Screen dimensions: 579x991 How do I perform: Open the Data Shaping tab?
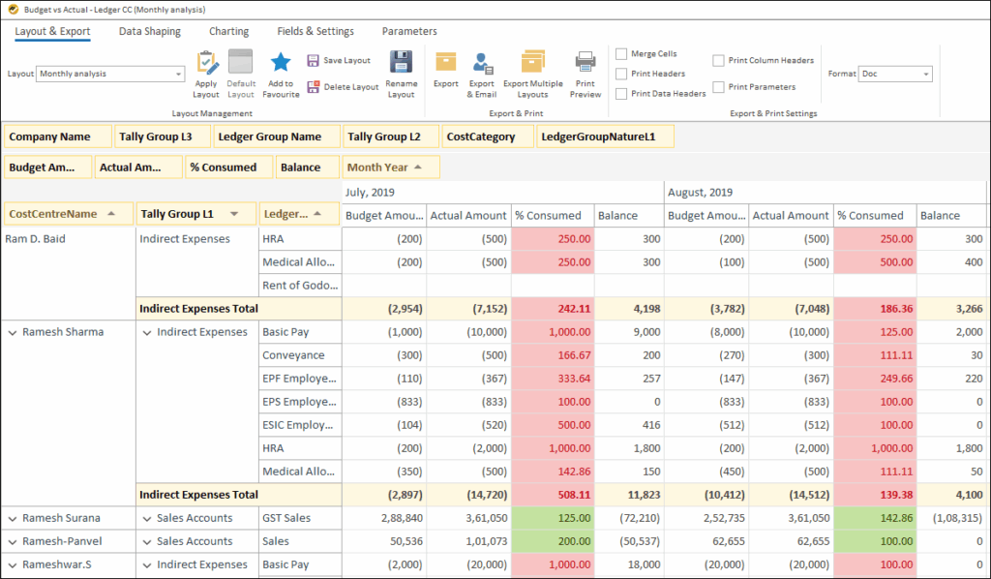coord(149,31)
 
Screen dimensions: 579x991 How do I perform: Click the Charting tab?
coord(228,31)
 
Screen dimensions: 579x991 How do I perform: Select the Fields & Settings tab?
coord(315,31)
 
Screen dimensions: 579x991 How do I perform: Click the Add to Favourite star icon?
coord(281,63)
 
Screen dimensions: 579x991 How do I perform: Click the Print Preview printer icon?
coord(586,63)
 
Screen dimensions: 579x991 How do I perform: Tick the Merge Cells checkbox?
coord(621,54)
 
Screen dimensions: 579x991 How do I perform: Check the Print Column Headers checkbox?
coord(718,60)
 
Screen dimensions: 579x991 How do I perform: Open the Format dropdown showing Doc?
coord(895,74)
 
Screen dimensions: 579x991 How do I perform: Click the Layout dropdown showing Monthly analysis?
coord(110,74)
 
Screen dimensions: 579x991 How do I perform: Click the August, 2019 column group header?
coord(700,192)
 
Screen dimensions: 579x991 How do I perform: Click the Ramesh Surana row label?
coord(61,518)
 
